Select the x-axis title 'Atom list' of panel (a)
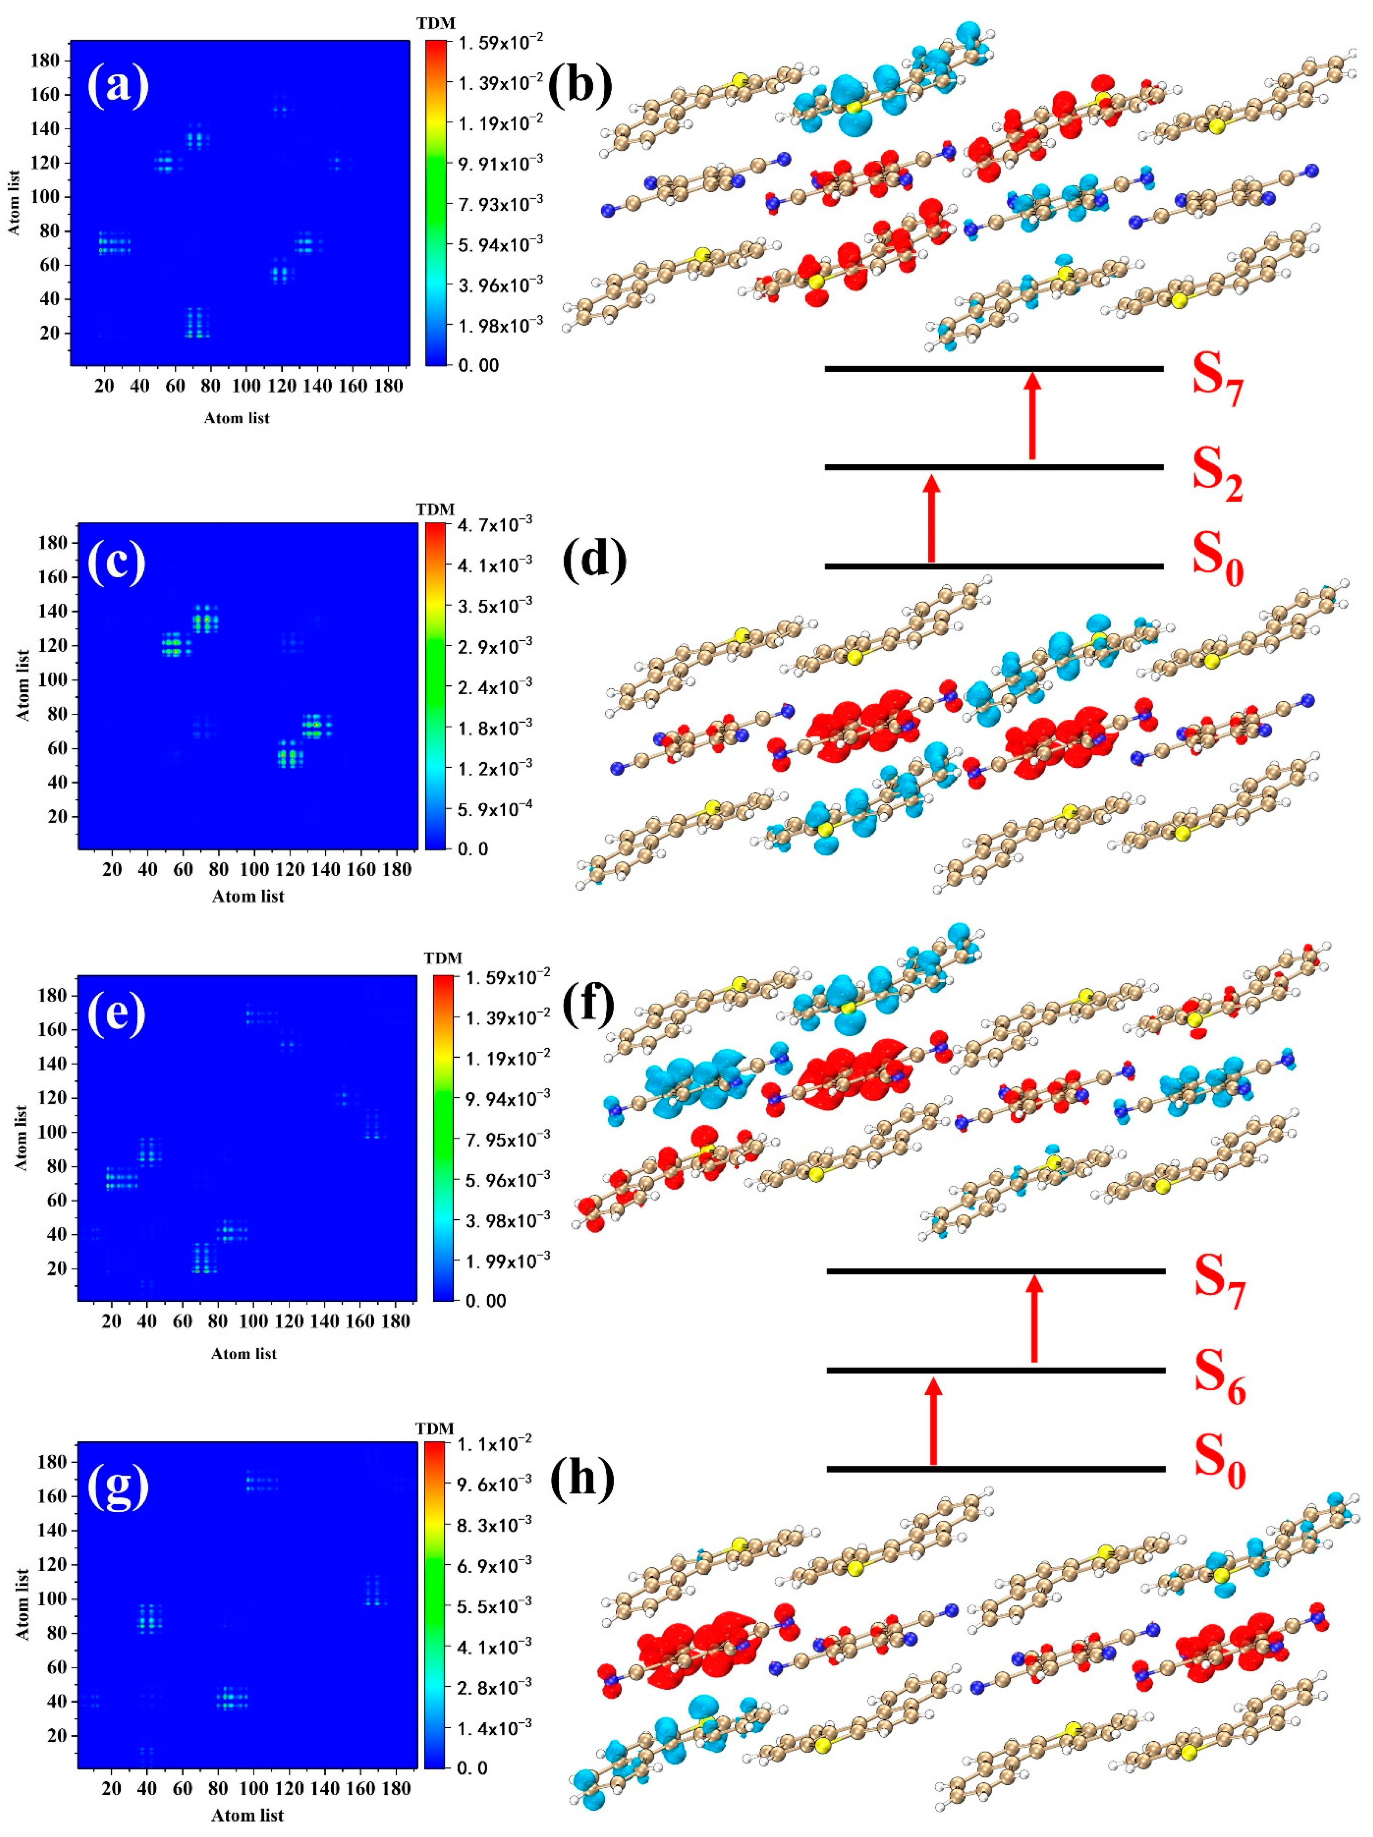tap(237, 418)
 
